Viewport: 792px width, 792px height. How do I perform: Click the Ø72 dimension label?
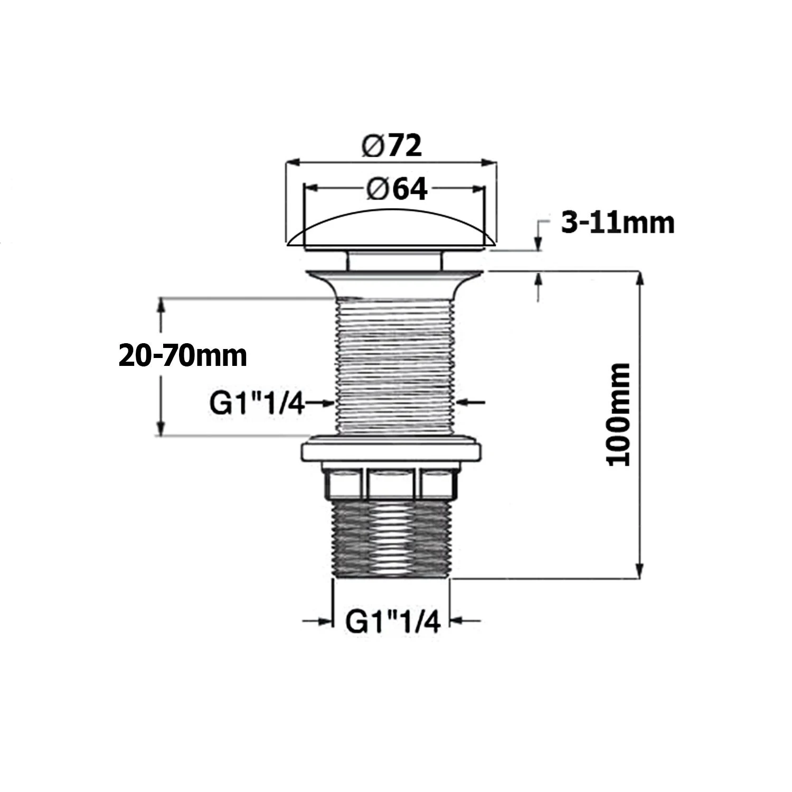point(392,145)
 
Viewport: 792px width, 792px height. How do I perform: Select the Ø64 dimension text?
point(396,189)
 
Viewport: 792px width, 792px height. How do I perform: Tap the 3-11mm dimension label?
point(617,223)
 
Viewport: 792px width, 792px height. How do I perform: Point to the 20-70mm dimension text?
point(183,355)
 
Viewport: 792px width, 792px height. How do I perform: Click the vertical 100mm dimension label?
point(618,414)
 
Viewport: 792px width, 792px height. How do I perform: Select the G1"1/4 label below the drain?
point(392,622)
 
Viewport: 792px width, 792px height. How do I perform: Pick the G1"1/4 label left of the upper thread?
point(257,404)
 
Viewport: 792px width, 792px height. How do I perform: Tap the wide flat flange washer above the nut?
point(391,451)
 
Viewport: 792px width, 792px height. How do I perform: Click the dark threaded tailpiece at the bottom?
point(392,539)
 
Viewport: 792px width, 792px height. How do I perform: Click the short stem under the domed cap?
point(393,260)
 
